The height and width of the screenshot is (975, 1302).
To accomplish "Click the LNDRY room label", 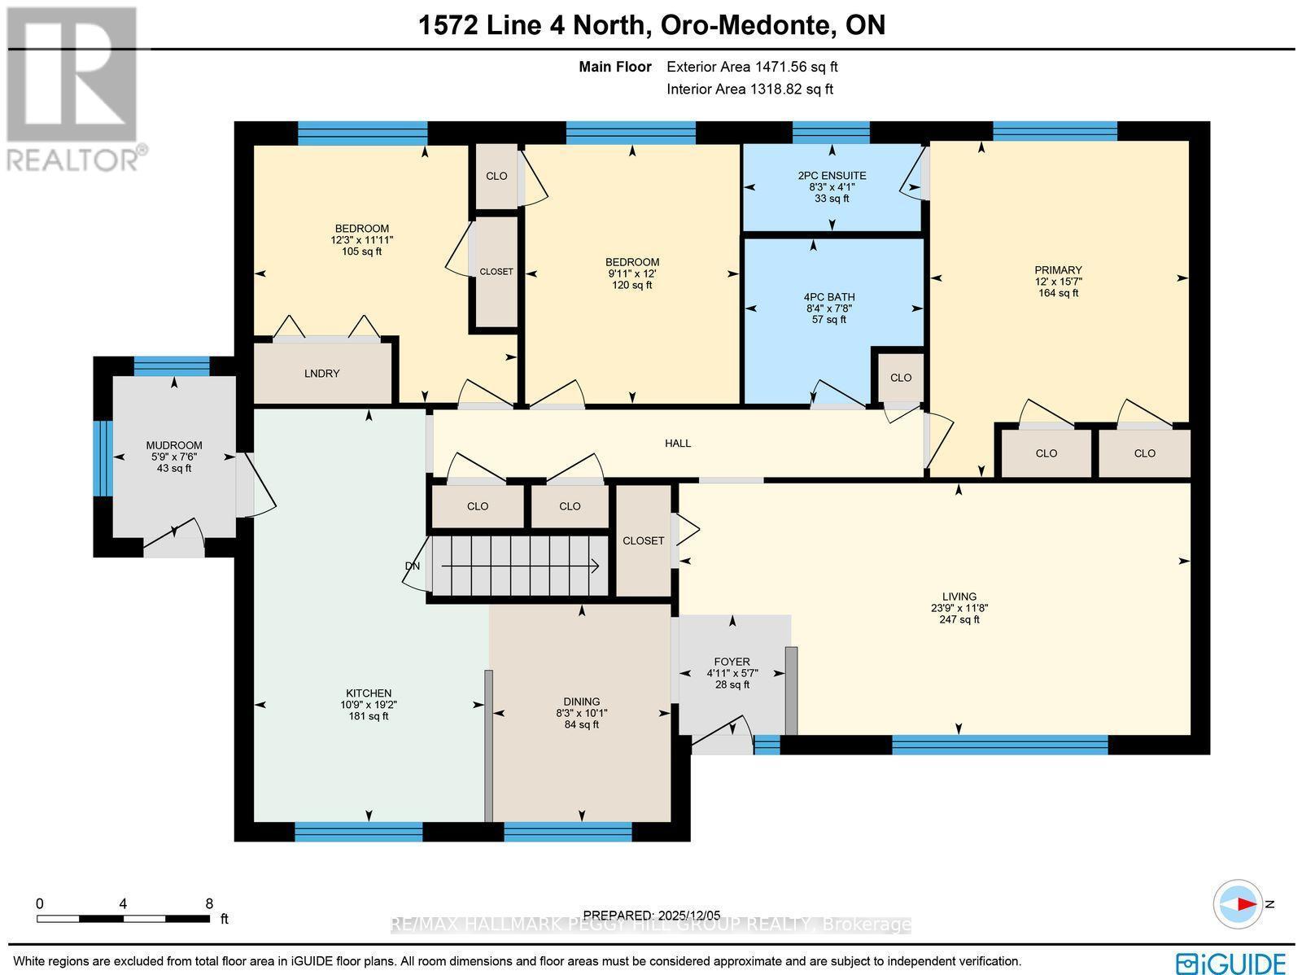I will coord(321,374).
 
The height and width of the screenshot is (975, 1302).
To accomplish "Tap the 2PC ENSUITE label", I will coord(832,176).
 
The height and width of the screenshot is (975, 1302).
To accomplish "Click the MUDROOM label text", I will coord(174,445).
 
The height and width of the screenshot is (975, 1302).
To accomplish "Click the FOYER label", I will coord(732,662).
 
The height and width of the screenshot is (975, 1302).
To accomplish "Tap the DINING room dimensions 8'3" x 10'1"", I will coord(581,713).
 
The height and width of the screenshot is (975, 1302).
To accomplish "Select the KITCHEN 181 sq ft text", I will coord(369,716).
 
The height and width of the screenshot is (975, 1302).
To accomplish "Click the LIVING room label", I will coord(959,597).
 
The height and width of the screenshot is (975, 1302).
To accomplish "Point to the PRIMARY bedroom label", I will coord(1058,270).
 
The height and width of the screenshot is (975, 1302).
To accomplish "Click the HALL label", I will coord(678,444).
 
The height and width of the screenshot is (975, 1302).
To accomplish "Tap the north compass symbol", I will coord(1239,904).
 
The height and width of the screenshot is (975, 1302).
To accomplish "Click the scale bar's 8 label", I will coord(209,903).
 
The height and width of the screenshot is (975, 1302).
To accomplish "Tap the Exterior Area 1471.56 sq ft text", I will coord(752,68).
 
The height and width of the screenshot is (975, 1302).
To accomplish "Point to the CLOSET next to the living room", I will coord(643,540).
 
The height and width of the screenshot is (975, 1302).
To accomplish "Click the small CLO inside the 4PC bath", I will coord(900,378).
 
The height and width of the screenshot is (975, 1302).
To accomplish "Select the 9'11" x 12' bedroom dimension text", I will coord(631,273).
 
